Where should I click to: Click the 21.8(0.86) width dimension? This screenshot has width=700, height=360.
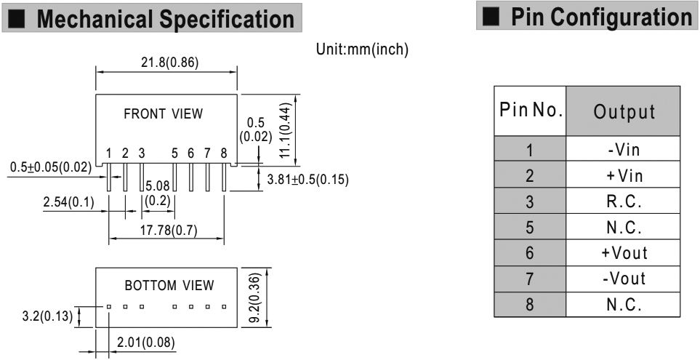tap(169, 63)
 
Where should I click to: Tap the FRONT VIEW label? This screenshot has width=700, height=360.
tap(164, 114)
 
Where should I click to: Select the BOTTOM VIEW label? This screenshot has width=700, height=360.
tap(169, 285)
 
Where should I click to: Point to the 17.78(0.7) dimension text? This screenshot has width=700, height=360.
tap(169, 231)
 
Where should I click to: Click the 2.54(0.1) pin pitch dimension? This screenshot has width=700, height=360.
tap(69, 203)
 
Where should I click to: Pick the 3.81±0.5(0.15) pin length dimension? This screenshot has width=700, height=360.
tap(307, 180)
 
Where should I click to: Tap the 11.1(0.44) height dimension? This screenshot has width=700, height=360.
tap(286, 130)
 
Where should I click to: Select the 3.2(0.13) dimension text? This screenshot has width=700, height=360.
tap(47, 316)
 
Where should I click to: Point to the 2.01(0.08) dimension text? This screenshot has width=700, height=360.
tap(146, 343)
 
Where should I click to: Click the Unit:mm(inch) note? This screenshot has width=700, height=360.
tap(362, 49)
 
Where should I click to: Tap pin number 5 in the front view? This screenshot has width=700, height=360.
tap(174, 153)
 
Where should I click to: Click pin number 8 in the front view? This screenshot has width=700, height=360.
tap(224, 153)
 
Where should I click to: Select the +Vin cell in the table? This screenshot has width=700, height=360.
tap(624, 175)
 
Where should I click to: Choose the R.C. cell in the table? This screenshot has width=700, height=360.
tap(624, 201)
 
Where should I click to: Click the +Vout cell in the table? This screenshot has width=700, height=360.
tap(624, 253)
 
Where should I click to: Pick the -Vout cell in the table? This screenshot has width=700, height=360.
tap(624, 279)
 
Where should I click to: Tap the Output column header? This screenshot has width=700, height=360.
tap(624, 112)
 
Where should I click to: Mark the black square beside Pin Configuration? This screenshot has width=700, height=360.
tap(491, 17)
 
